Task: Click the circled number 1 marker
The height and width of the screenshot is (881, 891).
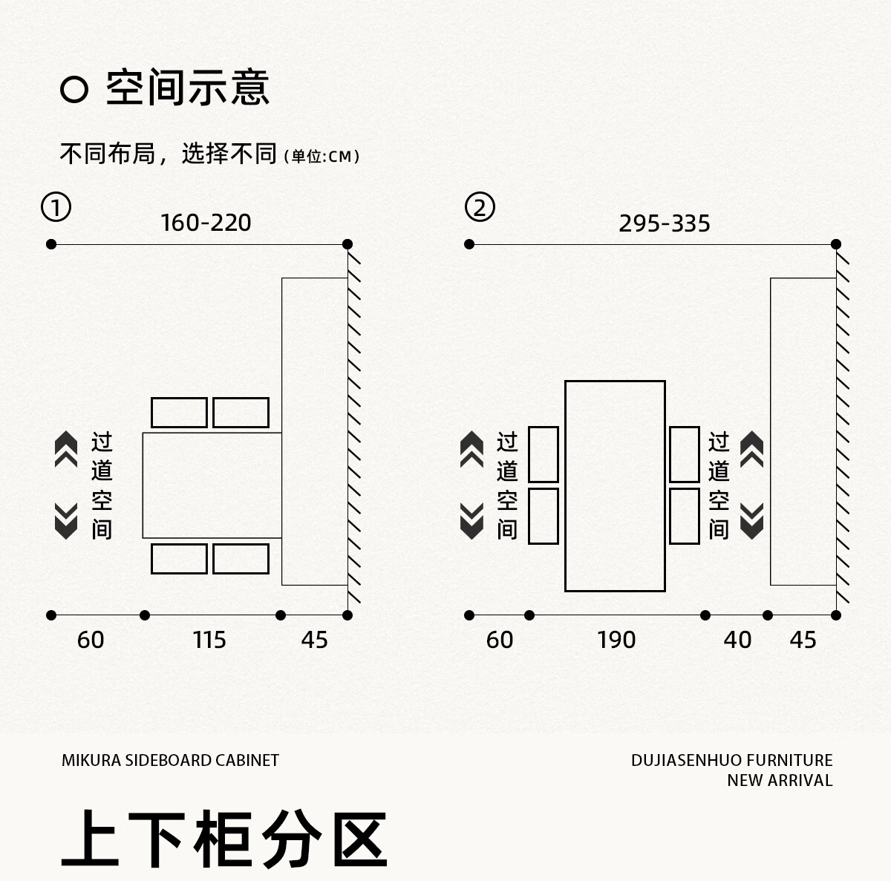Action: pyautogui.click(x=56, y=207)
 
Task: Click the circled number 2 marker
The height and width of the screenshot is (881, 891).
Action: pyautogui.click(x=480, y=207)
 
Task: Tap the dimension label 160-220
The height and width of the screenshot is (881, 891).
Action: pyautogui.click(x=206, y=223)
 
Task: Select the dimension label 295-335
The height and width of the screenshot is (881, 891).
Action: pyautogui.click(x=665, y=223)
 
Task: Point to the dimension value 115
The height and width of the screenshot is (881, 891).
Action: pyautogui.click(x=209, y=640)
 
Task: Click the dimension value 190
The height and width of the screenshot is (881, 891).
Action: pyautogui.click(x=616, y=640)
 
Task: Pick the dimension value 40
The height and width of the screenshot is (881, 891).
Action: pyautogui.click(x=737, y=640)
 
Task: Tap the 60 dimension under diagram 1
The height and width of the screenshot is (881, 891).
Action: pyautogui.click(x=91, y=640)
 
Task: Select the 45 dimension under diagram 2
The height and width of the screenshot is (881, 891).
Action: pyautogui.click(x=803, y=640)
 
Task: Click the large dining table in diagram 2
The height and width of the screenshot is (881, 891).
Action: pyautogui.click(x=615, y=486)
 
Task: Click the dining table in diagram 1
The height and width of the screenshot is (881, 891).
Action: pyautogui.click(x=212, y=485)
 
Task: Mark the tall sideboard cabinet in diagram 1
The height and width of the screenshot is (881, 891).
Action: pyautogui.click(x=314, y=431)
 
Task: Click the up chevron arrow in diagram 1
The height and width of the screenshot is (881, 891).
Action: pyautogui.click(x=66, y=449)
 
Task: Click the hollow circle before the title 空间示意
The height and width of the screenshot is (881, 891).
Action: pyautogui.click(x=74, y=90)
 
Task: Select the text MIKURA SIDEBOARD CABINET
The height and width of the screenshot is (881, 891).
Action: pyautogui.click(x=170, y=760)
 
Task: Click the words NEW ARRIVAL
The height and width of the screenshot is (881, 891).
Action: pyautogui.click(x=780, y=780)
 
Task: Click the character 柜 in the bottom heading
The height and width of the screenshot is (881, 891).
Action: pyautogui.click(x=224, y=839)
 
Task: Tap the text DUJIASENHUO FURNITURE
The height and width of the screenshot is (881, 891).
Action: pyautogui.click(x=731, y=760)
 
